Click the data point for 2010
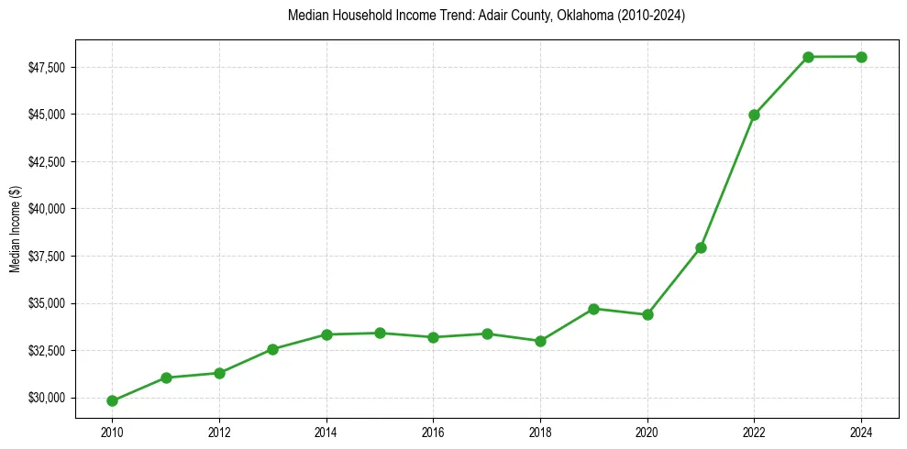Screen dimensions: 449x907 [112, 400]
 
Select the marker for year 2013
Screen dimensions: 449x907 [272, 349]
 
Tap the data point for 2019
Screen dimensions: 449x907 [594, 309]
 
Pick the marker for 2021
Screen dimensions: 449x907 [701, 247]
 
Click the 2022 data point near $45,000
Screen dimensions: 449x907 [754, 115]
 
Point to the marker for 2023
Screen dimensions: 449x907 [808, 57]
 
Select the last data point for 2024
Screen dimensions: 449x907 [861, 57]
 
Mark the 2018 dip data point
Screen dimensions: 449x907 [540, 341]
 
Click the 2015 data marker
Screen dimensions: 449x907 [380, 333]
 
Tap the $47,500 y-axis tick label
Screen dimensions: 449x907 [47, 68]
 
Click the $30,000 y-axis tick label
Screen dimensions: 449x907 [47, 398]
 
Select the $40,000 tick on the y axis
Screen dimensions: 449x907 [47, 209]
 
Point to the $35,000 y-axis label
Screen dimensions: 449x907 [47, 303]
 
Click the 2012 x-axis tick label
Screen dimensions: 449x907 [219, 431]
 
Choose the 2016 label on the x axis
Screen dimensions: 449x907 [433, 431]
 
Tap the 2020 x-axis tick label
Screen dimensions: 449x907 [647, 431]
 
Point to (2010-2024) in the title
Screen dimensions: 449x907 [649, 16]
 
